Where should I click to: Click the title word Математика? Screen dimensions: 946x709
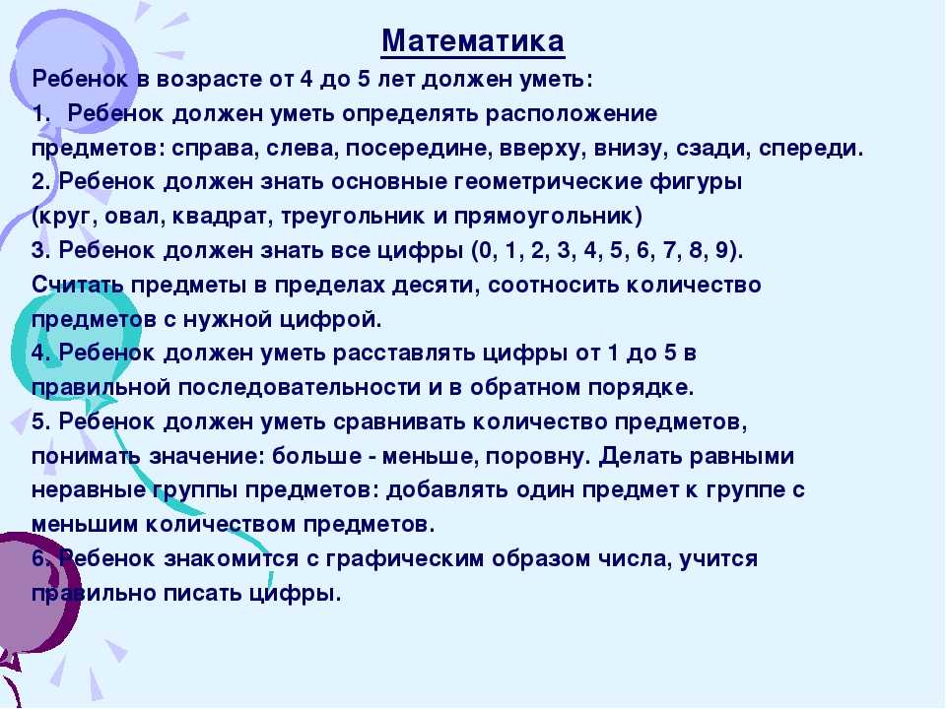473,41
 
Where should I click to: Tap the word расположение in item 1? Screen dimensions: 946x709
572,114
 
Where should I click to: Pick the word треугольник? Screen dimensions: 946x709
353,217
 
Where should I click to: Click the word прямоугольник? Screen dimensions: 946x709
544,217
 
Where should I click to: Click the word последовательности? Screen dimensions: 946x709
299,388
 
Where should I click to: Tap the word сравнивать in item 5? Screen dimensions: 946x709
399,422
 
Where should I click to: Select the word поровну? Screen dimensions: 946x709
534,456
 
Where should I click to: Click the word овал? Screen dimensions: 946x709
135,217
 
